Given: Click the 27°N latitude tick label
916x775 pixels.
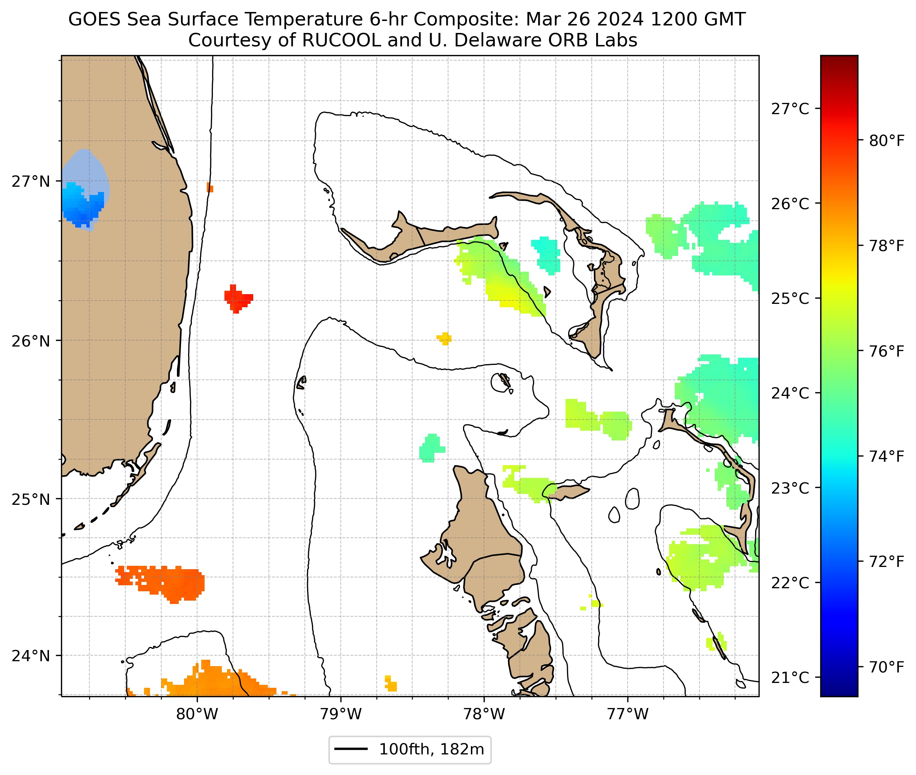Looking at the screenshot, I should (x=31, y=181).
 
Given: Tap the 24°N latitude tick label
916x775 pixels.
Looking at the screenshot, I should (x=31, y=656).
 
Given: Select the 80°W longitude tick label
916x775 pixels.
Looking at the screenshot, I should (x=197, y=714).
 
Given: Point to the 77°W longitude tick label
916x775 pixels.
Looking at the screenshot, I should (x=628, y=714).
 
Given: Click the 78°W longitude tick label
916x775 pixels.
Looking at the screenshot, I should (x=484, y=714).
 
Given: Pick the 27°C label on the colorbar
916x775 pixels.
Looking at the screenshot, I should (x=790, y=109).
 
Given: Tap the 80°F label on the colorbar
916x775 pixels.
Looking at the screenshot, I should (x=886, y=141).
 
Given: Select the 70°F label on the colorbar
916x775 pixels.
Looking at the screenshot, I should (x=886, y=667).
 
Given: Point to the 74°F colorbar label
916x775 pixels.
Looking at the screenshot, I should (x=886, y=457).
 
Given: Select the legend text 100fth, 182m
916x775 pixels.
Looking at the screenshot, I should (x=431, y=750).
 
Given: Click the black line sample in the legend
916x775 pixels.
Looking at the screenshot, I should (x=351, y=749).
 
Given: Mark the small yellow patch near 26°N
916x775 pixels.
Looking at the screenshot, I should (x=444, y=338).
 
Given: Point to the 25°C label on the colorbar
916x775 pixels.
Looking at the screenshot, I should (x=790, y=299).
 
